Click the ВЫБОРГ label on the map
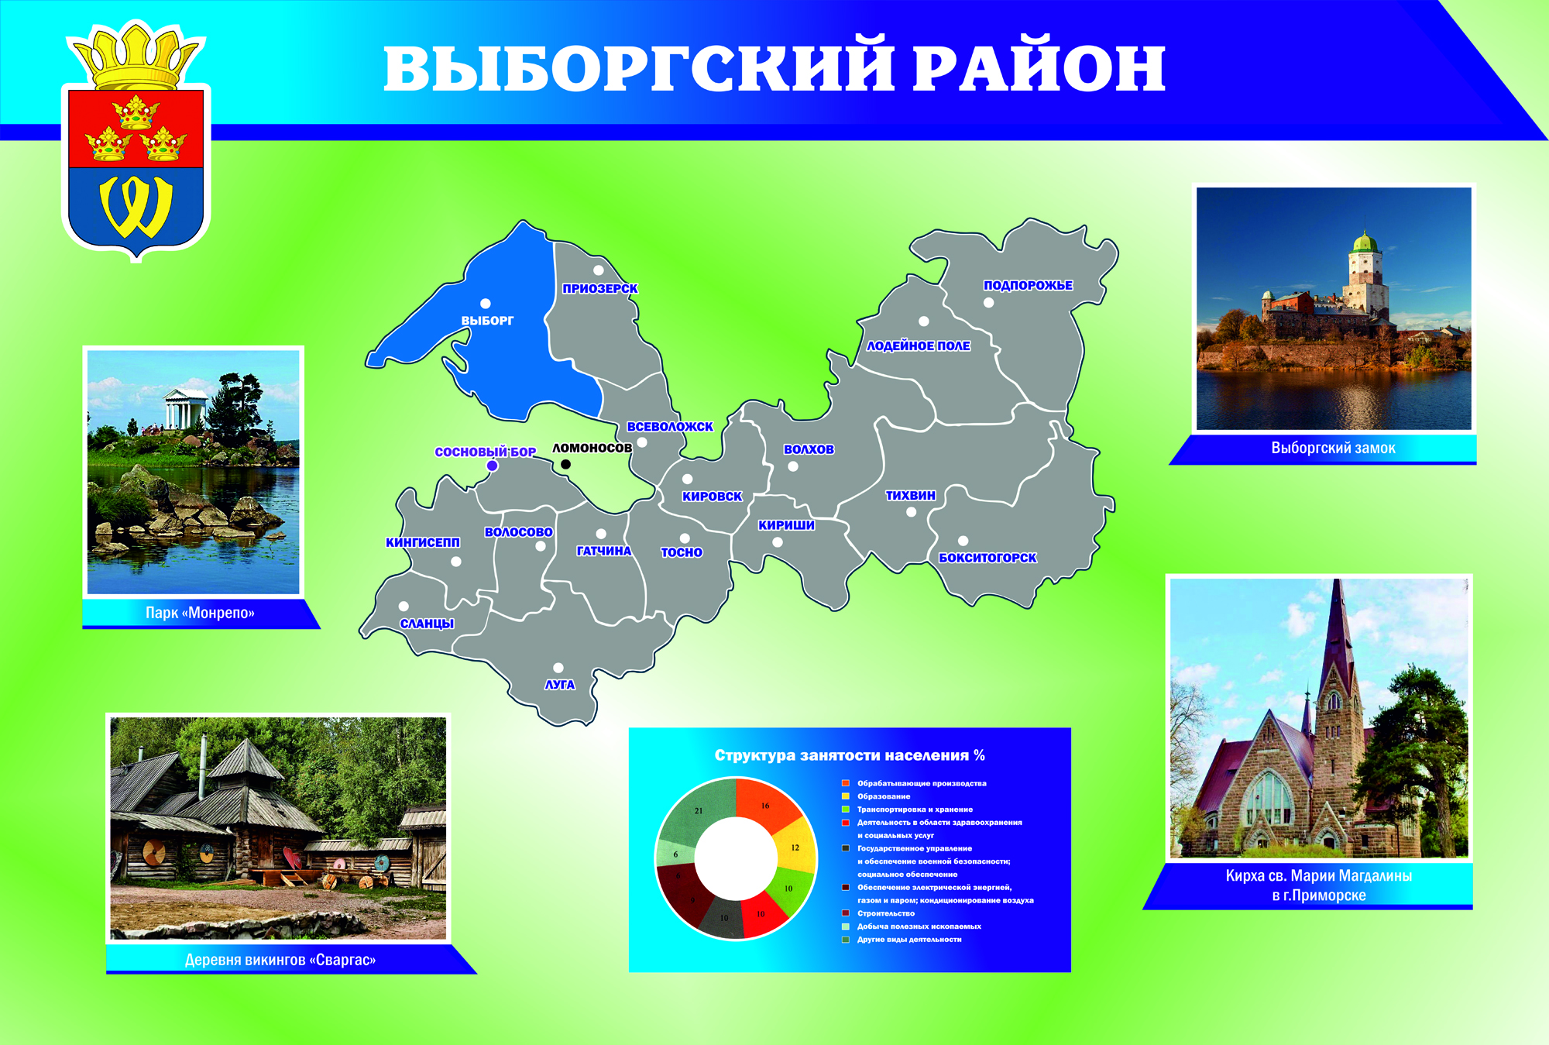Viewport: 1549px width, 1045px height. [x=487, y=321]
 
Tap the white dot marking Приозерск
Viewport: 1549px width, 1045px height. [x=599, y=270]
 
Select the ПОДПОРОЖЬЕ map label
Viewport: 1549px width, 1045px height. [x=1028, y=285]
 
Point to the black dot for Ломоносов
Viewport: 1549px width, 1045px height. [x=565, y=464]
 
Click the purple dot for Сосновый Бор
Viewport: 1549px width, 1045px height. [x=492, y=466]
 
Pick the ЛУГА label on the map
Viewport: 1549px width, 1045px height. [x=559, y=685]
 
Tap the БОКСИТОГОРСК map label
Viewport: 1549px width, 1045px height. [x=987, y=558]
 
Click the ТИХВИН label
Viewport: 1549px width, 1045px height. [x=911, y=495]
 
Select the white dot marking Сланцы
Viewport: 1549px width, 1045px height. [x=404, y=606]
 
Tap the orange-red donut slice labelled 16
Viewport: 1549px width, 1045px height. [x=766, y=804]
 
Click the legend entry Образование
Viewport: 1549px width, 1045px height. [x=884, y=796]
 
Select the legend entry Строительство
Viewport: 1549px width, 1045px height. [x=885, y=913]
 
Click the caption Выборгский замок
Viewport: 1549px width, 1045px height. [x=1333, y=448]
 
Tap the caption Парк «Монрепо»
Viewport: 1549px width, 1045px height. [x=200, y=613]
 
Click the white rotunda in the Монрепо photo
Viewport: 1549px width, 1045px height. [x=185, y=407]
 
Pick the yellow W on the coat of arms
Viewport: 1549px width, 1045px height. [x=136, y=207]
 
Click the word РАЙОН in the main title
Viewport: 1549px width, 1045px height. [x=1039, y=67]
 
